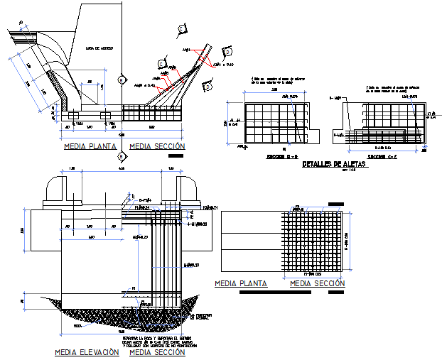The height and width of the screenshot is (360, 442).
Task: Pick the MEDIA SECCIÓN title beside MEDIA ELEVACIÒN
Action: (158, 351)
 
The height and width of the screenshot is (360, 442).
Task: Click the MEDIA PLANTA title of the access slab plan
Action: (90, 146)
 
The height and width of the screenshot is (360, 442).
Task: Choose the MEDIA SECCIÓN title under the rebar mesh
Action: (318, 283)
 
